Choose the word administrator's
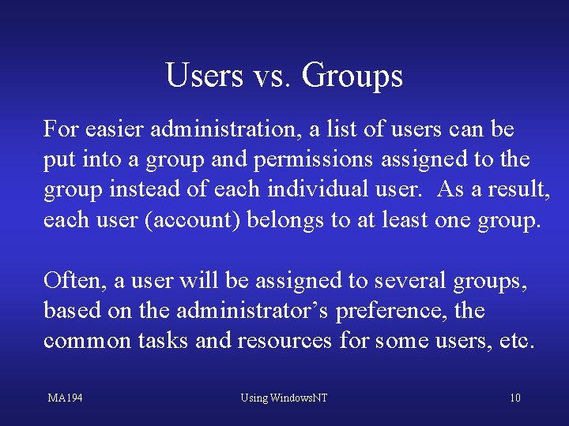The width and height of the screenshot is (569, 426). pyautogui.click(x=252, y=311)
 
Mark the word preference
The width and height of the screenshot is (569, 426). pyautogui.click(x=392, y=311)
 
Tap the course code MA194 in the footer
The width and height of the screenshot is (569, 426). pyautogui.click(x=65, y=398)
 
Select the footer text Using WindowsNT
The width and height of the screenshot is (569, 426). pyautogui.click(x=284, y=398)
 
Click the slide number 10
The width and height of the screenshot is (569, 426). pyautogui.click(x=514, y=398)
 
